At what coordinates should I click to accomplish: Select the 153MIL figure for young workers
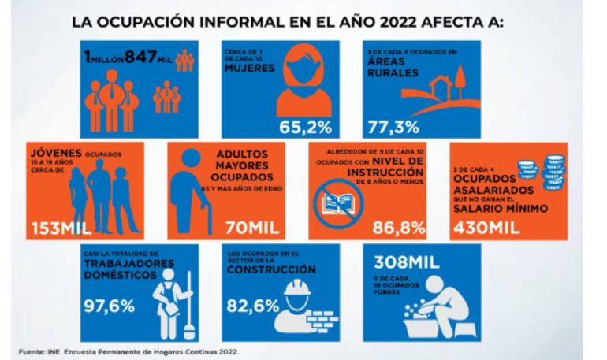pos(58,228)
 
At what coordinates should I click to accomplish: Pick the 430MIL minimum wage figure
pos(490,228)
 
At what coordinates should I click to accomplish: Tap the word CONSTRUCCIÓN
pos(271,269)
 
